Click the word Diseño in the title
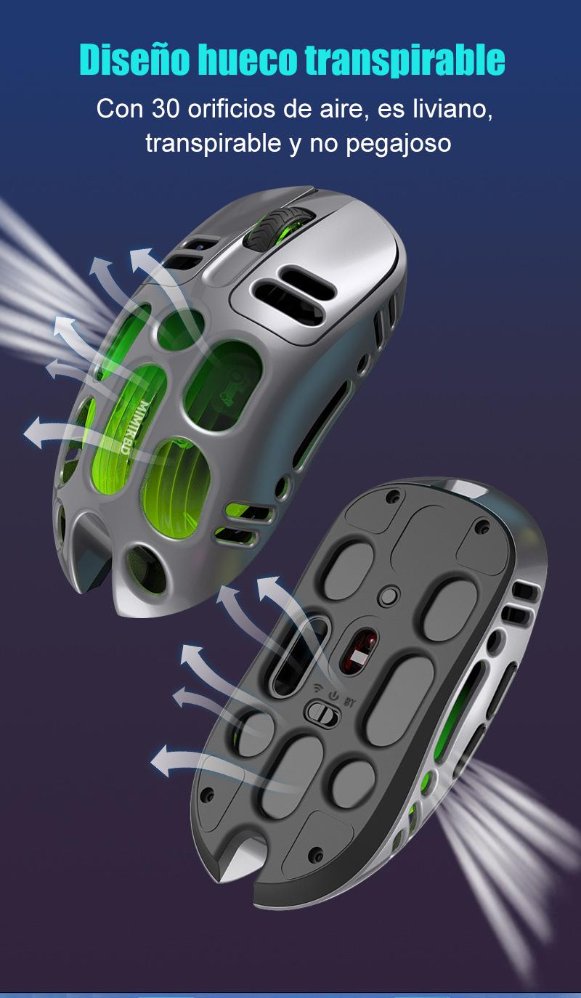(134, 60)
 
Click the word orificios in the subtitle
(231, 108)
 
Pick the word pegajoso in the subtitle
(398, 145)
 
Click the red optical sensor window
(358, 651)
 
